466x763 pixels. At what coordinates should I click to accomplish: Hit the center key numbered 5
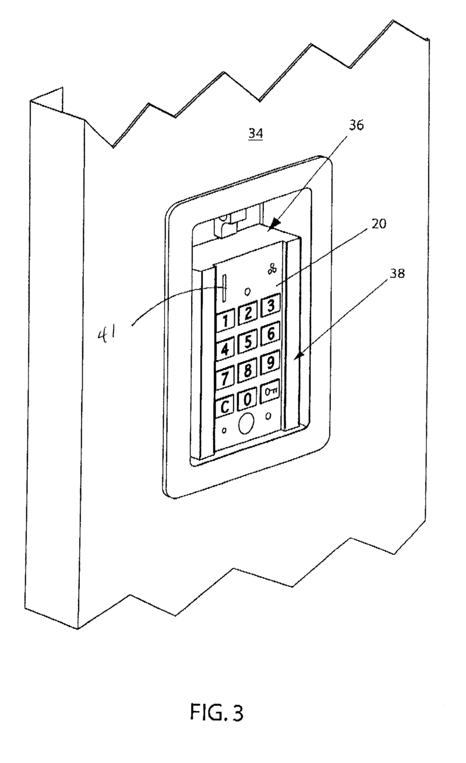pyautogui.click(x=248, y=343)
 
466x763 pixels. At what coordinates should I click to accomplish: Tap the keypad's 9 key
pyautogui.click(x=270, y=364)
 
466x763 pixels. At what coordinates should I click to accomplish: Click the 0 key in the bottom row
pyautogui.click(x=248, y=399)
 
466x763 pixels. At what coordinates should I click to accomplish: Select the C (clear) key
pyautogui.click(x=224, y=407)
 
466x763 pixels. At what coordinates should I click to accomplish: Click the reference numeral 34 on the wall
pyautogui.click(x=255, y=134)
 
